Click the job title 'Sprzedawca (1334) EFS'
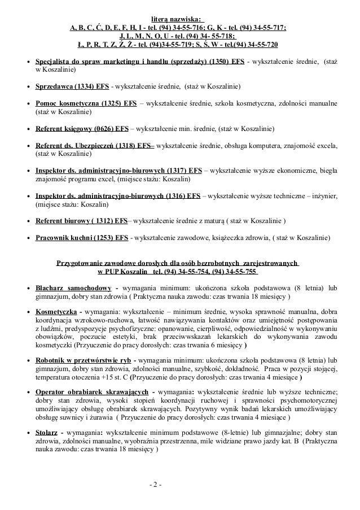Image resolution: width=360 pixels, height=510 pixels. pyautogui.click(x=73, y=87)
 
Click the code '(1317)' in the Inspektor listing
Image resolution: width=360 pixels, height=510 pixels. pyautogui.click(x=177, y=169)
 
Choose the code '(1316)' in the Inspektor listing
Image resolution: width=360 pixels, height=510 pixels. pyautogui.click(x=177, y=197)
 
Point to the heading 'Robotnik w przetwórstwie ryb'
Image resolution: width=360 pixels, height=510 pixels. pyautogui.click(x=84, y=359)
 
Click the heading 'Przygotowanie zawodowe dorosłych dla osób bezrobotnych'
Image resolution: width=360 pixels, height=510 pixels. pyautogui.click(x=178, y=263)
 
